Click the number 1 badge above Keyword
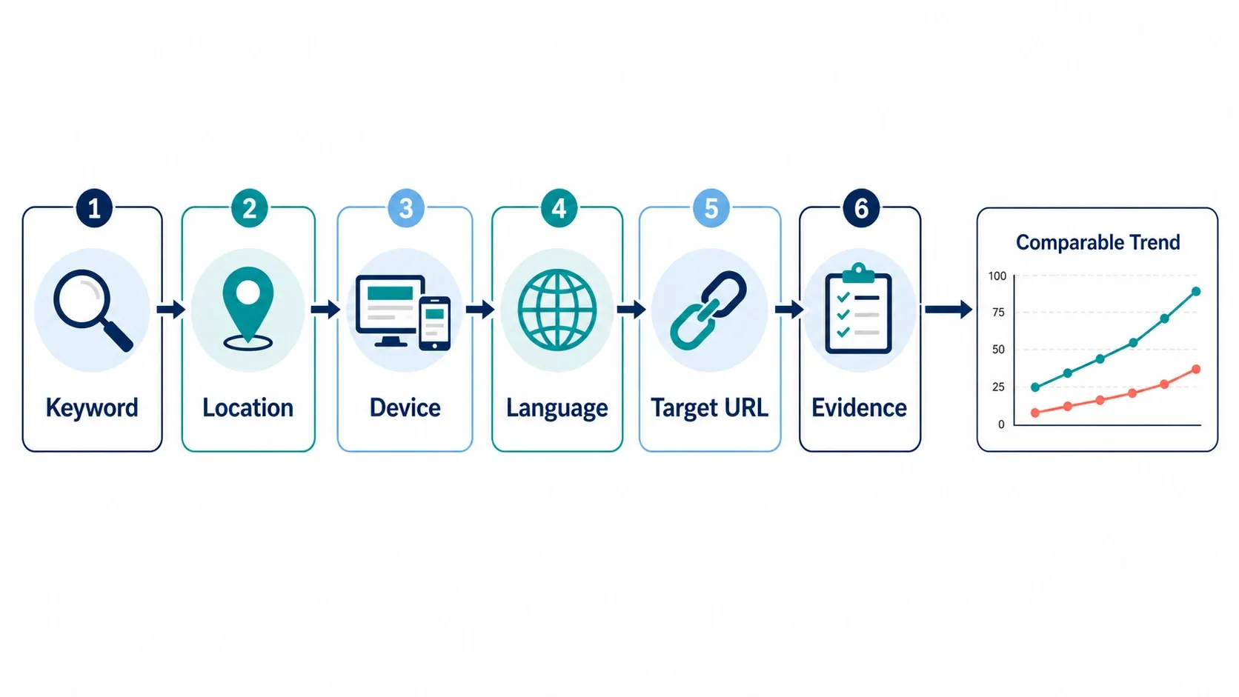tap(94, 208)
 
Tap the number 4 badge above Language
tap(559, 208)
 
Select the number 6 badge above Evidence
tap(861, 208)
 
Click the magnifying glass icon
tap(93, 310)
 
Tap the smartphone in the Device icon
tap(435, 324)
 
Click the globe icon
tap(557, 310)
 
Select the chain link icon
tap(708, 310)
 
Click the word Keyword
tap(92, 408)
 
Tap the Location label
tap(248, 408)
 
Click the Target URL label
tap(710, 408)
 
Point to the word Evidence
tap(859, 408)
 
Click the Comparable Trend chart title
tap(1098, 242)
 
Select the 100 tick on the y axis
tap(997, 276)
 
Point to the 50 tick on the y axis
tap(998, 350)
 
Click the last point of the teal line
tap(1196, 291)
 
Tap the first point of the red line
tap(1035, 413)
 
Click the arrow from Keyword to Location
tap(171, 309)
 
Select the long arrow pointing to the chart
tap(949, 309)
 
